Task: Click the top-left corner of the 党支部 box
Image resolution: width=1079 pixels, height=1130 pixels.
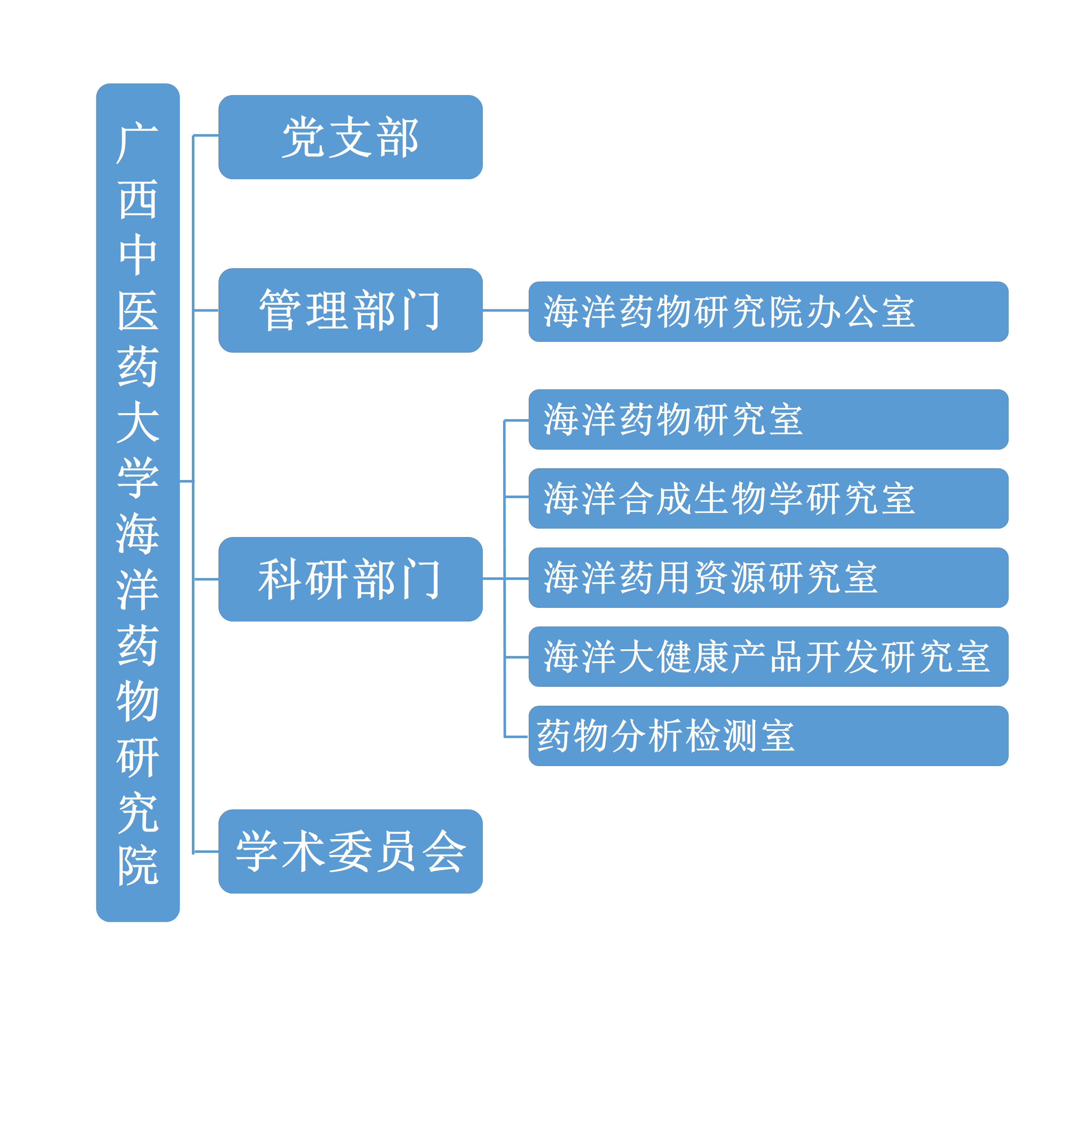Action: coord(219,96)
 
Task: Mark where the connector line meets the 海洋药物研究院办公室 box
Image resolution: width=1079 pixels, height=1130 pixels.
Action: coord(529,310)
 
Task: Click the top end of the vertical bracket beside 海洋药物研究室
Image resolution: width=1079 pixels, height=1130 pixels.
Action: coord(504,420)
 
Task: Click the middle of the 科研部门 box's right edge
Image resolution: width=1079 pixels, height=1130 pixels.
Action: coord(482,579)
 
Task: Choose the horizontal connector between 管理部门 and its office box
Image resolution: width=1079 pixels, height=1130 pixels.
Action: coord(506,310)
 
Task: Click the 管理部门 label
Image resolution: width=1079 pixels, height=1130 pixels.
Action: coord(350,310)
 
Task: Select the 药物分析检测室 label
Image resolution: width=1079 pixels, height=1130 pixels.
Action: coord(665,736)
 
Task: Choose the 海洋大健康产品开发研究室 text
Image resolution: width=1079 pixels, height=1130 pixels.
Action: coord(767,657)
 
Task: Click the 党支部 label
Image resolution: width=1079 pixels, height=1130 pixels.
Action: coord(350,137)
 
